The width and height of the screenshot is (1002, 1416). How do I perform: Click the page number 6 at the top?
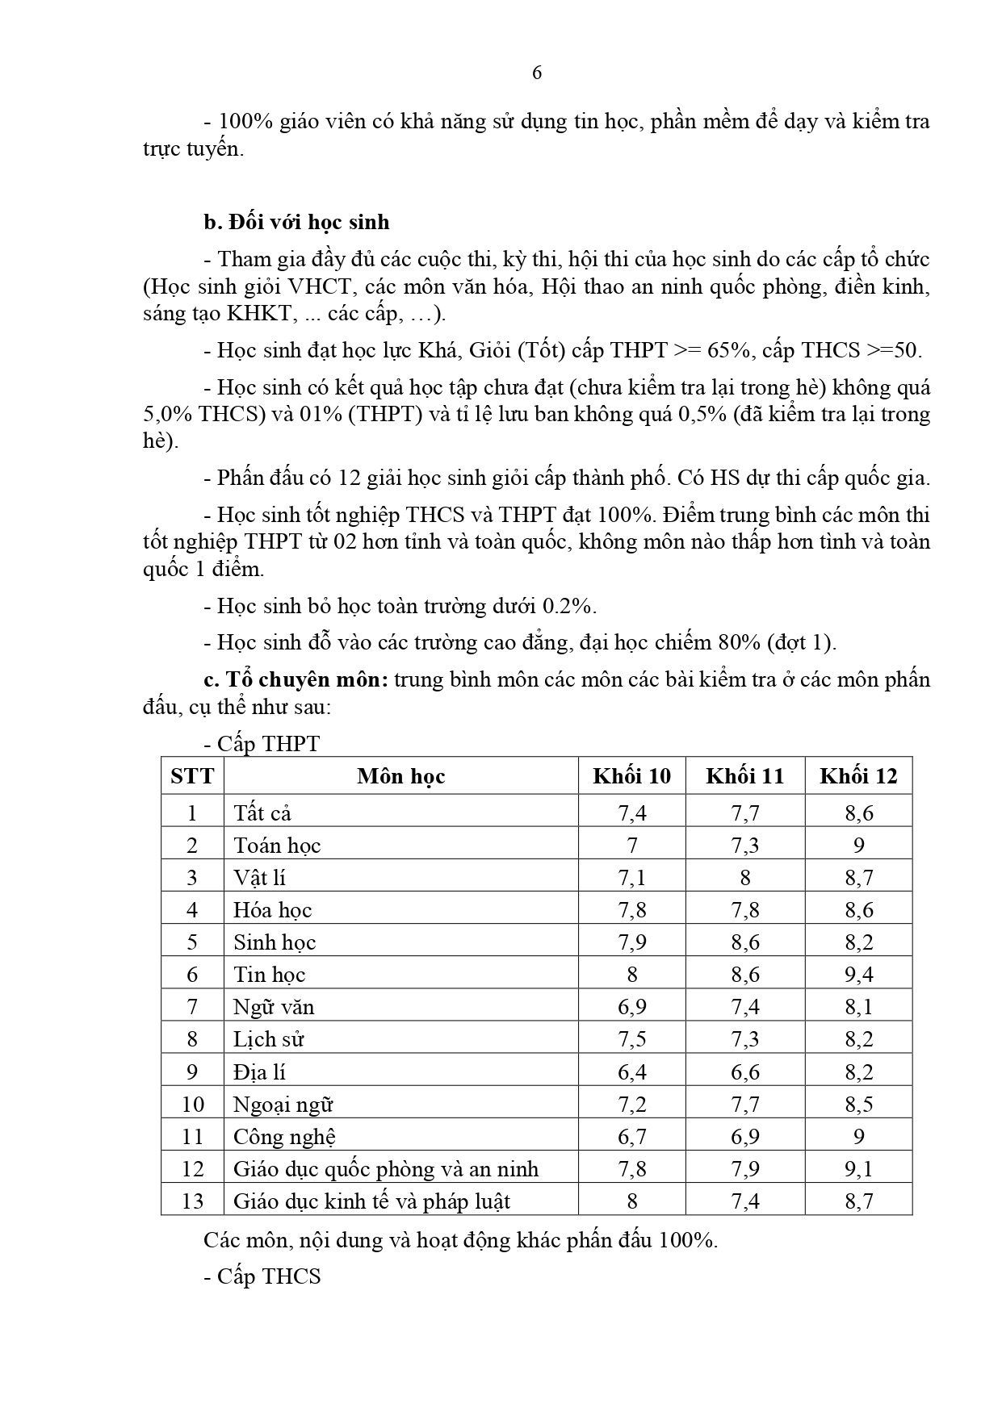click(537, 73)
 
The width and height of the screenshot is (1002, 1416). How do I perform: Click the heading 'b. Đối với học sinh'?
click(296, 222)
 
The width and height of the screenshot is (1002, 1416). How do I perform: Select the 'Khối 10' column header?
click(631, 776)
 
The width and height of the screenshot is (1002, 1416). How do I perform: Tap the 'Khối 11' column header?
click(744, 776)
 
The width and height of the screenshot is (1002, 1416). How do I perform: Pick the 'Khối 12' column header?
click(858, 776)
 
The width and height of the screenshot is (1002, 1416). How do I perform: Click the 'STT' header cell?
click(192, 776)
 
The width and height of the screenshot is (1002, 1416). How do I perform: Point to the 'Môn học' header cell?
click(401, 776)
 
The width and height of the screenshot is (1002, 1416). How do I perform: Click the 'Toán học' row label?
click(277, 846)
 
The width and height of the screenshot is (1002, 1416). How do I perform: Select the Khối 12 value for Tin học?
click(858, 975)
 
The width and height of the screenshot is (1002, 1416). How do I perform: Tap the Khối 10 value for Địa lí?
click(631, 1072)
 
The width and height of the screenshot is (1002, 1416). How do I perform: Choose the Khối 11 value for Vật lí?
click(744, 878)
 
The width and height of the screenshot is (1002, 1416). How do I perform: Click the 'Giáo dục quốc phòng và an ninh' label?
click(386, 1169)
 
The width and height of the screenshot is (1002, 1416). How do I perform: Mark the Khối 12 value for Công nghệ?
click(858, 1137)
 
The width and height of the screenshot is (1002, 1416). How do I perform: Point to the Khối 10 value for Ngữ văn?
click(631, 1007)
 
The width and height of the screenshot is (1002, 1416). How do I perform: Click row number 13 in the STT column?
click(192, 1201)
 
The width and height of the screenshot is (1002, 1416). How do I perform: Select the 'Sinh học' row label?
click(275, 942)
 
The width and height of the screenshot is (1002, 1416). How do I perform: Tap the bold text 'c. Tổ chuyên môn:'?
click(296, 679)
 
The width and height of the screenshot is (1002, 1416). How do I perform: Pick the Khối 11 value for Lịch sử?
click(744, 1039)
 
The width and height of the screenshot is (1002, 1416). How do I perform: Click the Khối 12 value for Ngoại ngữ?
click(858, 1105)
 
